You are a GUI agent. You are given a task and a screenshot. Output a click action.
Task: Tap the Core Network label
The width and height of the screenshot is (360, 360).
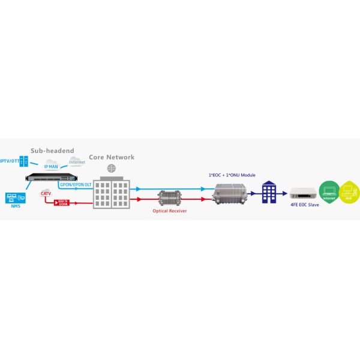pos(112,157)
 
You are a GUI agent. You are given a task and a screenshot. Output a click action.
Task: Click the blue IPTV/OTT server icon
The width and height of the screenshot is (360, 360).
pos(25,161)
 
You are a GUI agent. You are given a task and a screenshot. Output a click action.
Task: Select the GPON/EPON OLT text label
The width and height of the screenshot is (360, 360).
pos(76,185)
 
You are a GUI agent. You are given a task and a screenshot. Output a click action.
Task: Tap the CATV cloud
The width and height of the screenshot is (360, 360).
pos(46,193)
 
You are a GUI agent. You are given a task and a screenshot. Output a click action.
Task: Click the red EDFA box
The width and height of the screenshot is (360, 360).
pos(62,202)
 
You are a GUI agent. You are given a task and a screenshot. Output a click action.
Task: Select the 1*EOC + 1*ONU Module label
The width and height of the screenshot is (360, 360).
pos(232,175)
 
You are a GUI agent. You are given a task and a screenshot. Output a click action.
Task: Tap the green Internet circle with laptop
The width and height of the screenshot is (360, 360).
pos(329,192)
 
